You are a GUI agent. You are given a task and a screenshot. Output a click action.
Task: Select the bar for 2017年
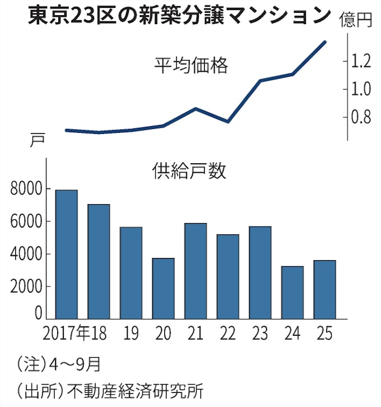pos(67,255)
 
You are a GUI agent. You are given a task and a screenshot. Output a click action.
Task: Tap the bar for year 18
pos(99,262)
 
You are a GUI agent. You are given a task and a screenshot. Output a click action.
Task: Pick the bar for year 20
pos(163,289)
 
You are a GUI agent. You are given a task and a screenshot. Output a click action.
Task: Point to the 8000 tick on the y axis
pos(26,189)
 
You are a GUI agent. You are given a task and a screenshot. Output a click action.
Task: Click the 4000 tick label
pos(26,255)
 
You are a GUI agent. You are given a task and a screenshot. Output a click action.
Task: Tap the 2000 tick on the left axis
pos(26,287)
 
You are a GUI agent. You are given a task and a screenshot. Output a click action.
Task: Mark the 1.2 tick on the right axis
pos(361,61)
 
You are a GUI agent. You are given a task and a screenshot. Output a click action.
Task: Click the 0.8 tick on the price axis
pos(361,117)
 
